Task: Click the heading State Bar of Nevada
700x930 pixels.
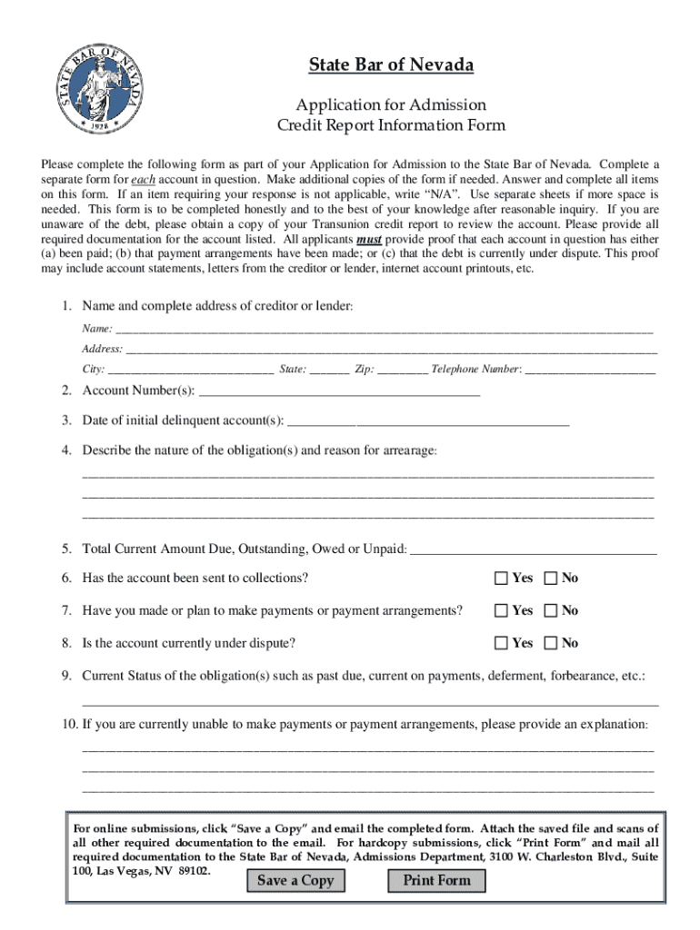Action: (x=391, y=65)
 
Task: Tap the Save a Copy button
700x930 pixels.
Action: (x=295, y=880)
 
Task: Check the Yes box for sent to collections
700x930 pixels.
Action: (x=501, y=579)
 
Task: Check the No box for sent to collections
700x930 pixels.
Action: (x=550, y=579)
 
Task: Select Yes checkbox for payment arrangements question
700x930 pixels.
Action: (x=501, y=611)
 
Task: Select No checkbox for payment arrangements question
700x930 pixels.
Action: (x=550, y=611)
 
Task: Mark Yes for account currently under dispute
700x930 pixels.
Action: (x=501, y=643)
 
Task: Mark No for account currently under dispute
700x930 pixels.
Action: (x=550, y=643)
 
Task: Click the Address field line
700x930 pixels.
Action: (x=391, y=349)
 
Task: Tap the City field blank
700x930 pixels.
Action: (x=190, y=370)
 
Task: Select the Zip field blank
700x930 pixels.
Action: (x=402, y=370)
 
